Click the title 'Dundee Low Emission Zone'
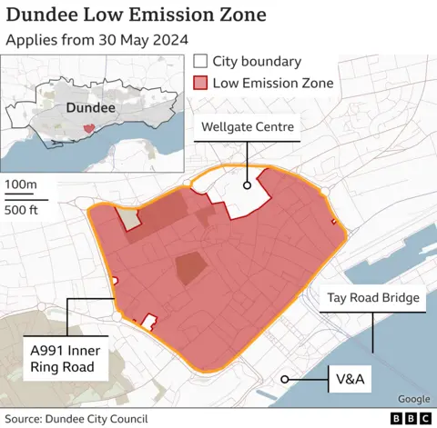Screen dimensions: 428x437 coord(137,15)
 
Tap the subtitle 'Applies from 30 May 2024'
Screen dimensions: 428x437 coord(97,40)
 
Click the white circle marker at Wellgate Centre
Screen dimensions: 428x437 coord(247,184)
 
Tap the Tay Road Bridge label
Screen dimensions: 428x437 coord(373,298)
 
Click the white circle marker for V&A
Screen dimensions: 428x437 coord(285,379)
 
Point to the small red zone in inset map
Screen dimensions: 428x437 coord(87,129)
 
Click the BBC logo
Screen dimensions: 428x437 coord(412,418)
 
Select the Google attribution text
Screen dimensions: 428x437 coord(413,399)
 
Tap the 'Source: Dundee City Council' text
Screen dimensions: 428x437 coord(76,418)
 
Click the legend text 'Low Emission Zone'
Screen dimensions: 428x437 coord(273,84)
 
